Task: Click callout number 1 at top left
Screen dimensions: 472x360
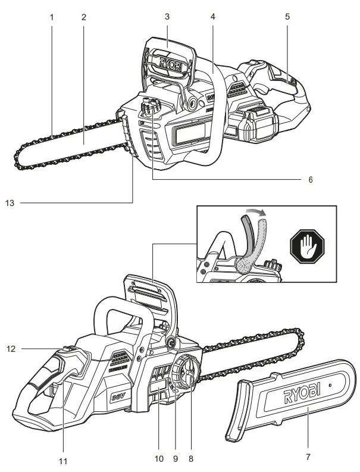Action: click(x=52, y=17)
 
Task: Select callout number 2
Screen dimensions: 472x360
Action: click(x=84, y=17)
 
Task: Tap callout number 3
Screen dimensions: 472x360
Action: click(x=168, y=17)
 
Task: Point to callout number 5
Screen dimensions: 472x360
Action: click(x=287, y=17)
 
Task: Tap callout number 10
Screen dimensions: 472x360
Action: click(x=158, y=459)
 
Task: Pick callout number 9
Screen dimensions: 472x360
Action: click(x=176, y=459)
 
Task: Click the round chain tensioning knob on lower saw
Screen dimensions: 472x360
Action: click(x=186, y=373)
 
